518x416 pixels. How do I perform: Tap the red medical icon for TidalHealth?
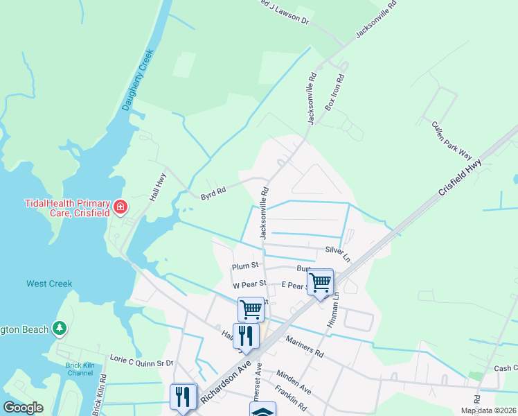point(120,207)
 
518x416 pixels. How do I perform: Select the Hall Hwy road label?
point(159,187)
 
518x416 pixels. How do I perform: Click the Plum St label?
point(245,266)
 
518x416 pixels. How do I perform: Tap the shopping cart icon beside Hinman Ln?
point(320,282)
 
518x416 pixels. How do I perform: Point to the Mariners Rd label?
point(305,345)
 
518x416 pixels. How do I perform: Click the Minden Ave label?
point(294,383)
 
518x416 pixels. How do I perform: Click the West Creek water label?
point(49,284)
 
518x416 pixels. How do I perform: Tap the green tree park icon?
point(60,327)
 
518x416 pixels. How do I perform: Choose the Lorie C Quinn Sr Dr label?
point(141,359)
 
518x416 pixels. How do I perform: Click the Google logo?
point(23,408)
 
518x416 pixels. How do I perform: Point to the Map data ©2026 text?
point(488,410)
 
